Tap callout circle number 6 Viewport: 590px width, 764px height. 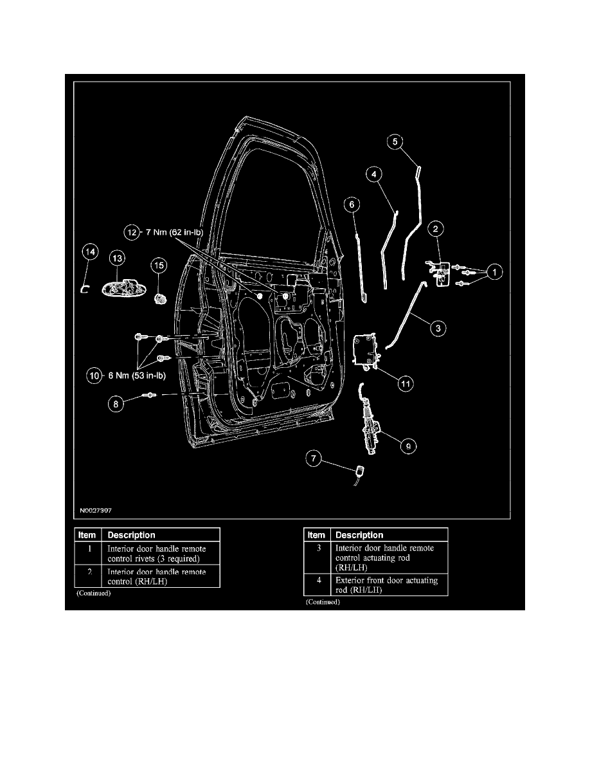352,204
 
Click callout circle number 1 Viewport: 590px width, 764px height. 494,273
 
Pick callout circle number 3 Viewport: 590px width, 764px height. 437,328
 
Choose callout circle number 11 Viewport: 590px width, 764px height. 405,383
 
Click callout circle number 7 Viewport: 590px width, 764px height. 314,459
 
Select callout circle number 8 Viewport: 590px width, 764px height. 116,405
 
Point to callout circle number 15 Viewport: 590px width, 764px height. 159,264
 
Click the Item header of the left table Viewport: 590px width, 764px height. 87,535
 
